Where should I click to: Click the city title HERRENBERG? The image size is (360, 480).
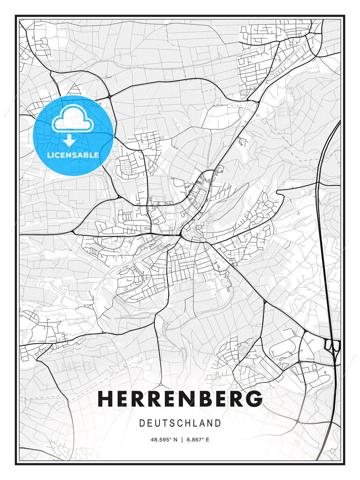[180, 399]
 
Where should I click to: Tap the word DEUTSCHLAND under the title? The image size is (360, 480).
[180, 423]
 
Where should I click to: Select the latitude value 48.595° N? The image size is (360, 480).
[164, 440]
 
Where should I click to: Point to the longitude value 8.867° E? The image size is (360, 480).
[198, 440]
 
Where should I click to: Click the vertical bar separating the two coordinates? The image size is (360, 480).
[182, 440]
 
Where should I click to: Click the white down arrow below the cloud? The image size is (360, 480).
[69, 140]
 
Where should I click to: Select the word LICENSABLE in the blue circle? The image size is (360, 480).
[73, 155]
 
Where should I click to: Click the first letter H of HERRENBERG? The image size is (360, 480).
[106, 399]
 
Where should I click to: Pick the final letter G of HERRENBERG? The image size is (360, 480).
[255, 399]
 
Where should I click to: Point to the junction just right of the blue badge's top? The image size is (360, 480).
[109, 97]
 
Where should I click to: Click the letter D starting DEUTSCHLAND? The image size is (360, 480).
[142, 423]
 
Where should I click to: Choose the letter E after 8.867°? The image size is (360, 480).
[207, 440]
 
